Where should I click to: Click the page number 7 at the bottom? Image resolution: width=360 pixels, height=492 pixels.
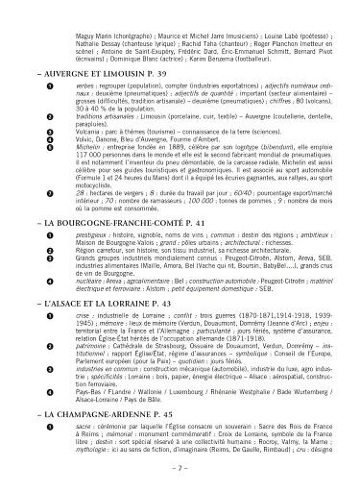coord(180,467)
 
